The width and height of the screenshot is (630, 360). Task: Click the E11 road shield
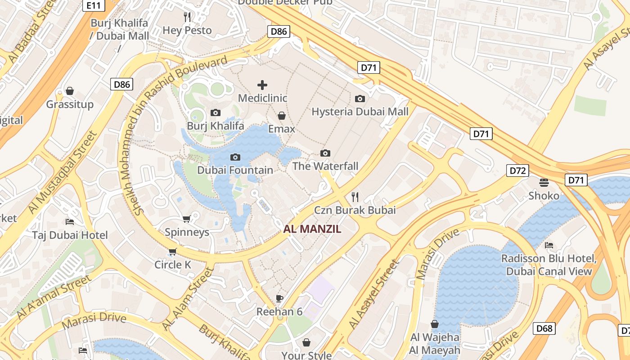tap(94, 5)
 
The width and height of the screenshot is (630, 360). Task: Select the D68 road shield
tap(544, 328)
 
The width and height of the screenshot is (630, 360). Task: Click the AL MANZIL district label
tap(312, 229)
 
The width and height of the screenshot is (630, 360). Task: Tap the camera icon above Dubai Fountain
tap(235, 157)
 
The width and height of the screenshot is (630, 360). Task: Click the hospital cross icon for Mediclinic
tap(262, 85)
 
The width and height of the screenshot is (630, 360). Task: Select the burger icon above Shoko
tap(544, 182)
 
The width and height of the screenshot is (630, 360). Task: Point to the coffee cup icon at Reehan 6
tap(279, 298)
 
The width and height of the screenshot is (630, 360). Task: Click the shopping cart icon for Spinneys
tap(187, 219)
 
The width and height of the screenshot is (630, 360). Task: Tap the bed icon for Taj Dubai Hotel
tap(70, 221)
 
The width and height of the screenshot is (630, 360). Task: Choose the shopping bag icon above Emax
tap(282, 116)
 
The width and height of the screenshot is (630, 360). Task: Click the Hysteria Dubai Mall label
tap(360, 112)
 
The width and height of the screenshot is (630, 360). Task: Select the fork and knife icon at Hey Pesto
tap(187, 17)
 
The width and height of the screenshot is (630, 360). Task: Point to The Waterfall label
tap(325, 166)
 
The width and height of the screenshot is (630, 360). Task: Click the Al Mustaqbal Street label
tap(63, 172)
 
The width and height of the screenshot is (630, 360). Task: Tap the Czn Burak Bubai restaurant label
tap(355, 210)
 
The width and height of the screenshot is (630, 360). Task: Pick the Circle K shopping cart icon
tap(172, 251)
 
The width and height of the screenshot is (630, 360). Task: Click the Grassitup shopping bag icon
tap(70, 91)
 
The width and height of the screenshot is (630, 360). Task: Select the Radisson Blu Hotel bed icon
tap(549, 245)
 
